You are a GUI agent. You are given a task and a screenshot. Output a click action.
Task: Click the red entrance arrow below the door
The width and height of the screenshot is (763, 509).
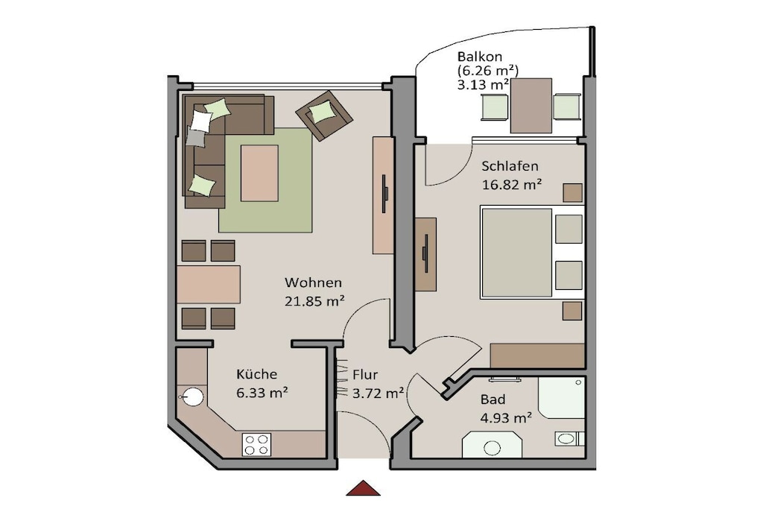[363, 488]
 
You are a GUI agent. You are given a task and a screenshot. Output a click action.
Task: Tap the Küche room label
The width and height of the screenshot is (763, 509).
[256, 373]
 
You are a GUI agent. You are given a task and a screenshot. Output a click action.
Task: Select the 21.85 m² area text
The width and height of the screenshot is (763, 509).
[314, 301]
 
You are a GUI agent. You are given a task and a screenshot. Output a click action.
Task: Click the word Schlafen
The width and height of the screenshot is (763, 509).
[510, 166]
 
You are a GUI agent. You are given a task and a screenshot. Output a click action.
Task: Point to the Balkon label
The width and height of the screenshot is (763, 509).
[480, 57]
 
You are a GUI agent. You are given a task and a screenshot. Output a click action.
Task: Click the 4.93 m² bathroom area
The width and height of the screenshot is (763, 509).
[506, 417]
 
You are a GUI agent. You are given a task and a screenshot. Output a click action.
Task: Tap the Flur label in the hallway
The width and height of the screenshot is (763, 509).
[365, 375]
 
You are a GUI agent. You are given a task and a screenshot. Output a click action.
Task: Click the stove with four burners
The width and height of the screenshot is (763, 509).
[256, 445]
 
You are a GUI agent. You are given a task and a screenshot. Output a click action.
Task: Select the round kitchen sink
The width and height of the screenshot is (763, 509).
[193, 396]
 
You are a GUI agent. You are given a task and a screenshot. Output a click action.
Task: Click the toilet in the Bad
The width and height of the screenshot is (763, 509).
[569, 438]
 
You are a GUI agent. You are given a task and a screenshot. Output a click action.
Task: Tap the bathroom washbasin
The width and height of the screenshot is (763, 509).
[492, 445]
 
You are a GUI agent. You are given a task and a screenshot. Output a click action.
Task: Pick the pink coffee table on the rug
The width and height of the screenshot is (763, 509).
[259, 173]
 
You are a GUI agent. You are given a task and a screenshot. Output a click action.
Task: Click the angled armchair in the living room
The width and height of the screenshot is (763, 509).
[324, 116]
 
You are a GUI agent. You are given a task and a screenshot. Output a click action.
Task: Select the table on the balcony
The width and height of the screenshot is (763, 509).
[531, 106]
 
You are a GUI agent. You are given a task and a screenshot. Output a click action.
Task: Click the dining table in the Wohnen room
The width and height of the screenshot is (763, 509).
[209, 285]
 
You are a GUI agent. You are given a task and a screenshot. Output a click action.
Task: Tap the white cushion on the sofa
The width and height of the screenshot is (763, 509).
[200, 121]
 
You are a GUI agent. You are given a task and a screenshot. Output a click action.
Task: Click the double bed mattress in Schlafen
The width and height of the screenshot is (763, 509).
[517, 252]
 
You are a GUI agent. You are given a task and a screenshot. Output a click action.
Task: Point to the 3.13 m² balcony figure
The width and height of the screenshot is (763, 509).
[483, 85]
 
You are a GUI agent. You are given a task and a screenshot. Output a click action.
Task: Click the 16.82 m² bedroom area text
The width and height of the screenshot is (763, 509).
[512, 184]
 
